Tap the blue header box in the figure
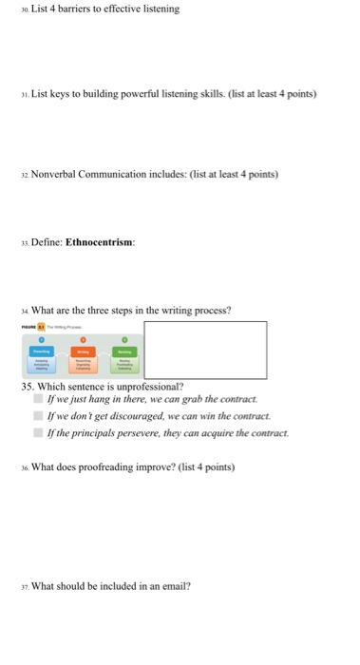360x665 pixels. tap(40, 352)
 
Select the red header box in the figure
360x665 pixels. tap(84, 352)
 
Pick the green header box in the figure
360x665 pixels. tap(124, 352)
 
